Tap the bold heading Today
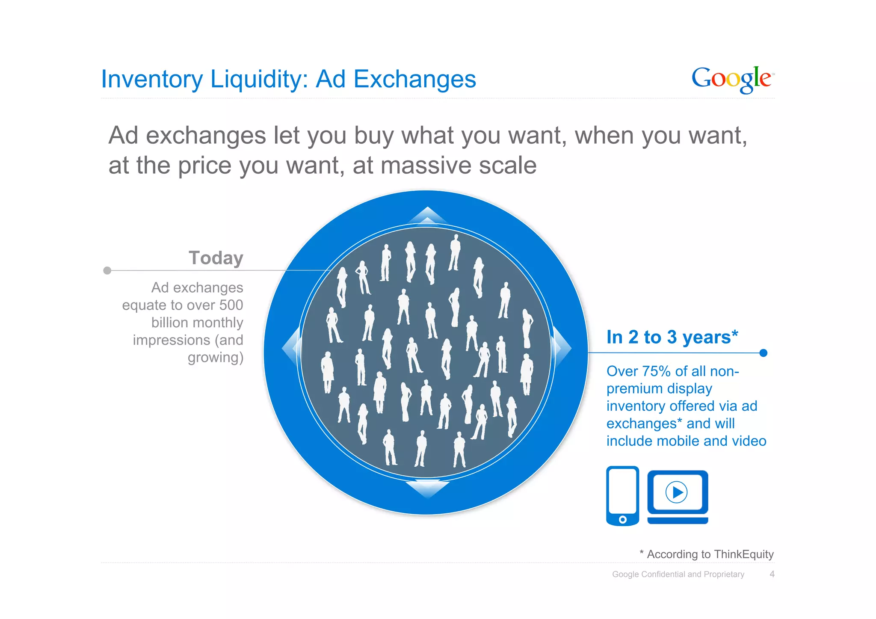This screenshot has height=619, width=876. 216,258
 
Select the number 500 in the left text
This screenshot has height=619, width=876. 231,305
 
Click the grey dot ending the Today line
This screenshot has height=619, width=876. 107,270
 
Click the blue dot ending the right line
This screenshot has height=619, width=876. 764,353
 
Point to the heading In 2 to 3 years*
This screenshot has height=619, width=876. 672,337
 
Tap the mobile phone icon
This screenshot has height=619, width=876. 622,495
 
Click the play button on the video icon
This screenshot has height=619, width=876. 677,492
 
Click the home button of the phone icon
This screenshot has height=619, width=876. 623,519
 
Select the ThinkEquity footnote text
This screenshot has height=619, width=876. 707,554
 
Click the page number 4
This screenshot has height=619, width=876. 772,574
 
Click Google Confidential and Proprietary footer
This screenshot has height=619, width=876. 678,574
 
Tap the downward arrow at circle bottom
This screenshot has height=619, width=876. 427,489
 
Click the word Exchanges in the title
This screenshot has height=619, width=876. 414,80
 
